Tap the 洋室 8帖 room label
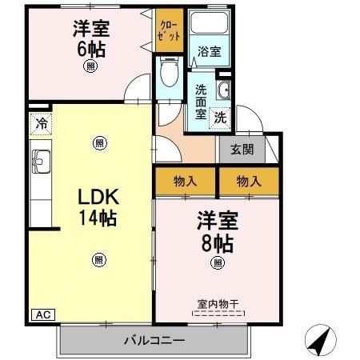(216, 232)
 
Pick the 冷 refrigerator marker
(39, 125)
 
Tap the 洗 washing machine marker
(220, 116)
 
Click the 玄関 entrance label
(242, 148)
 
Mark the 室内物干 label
(217, 303)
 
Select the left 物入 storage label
(185, 182)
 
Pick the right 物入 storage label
(248, 182)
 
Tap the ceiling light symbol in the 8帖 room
(216, 262)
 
